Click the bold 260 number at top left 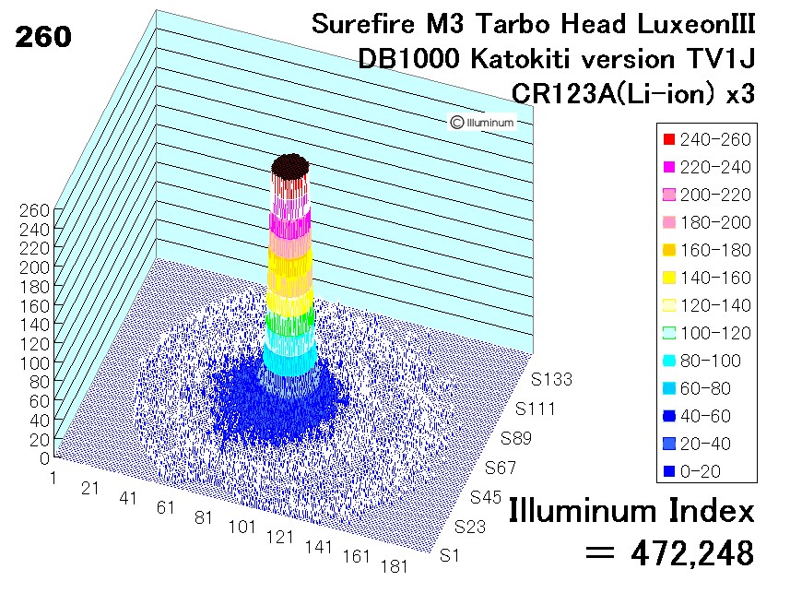[x=43, y=37]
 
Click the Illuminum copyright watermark [x=482, y=123]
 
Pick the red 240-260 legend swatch [x=668, y=139]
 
